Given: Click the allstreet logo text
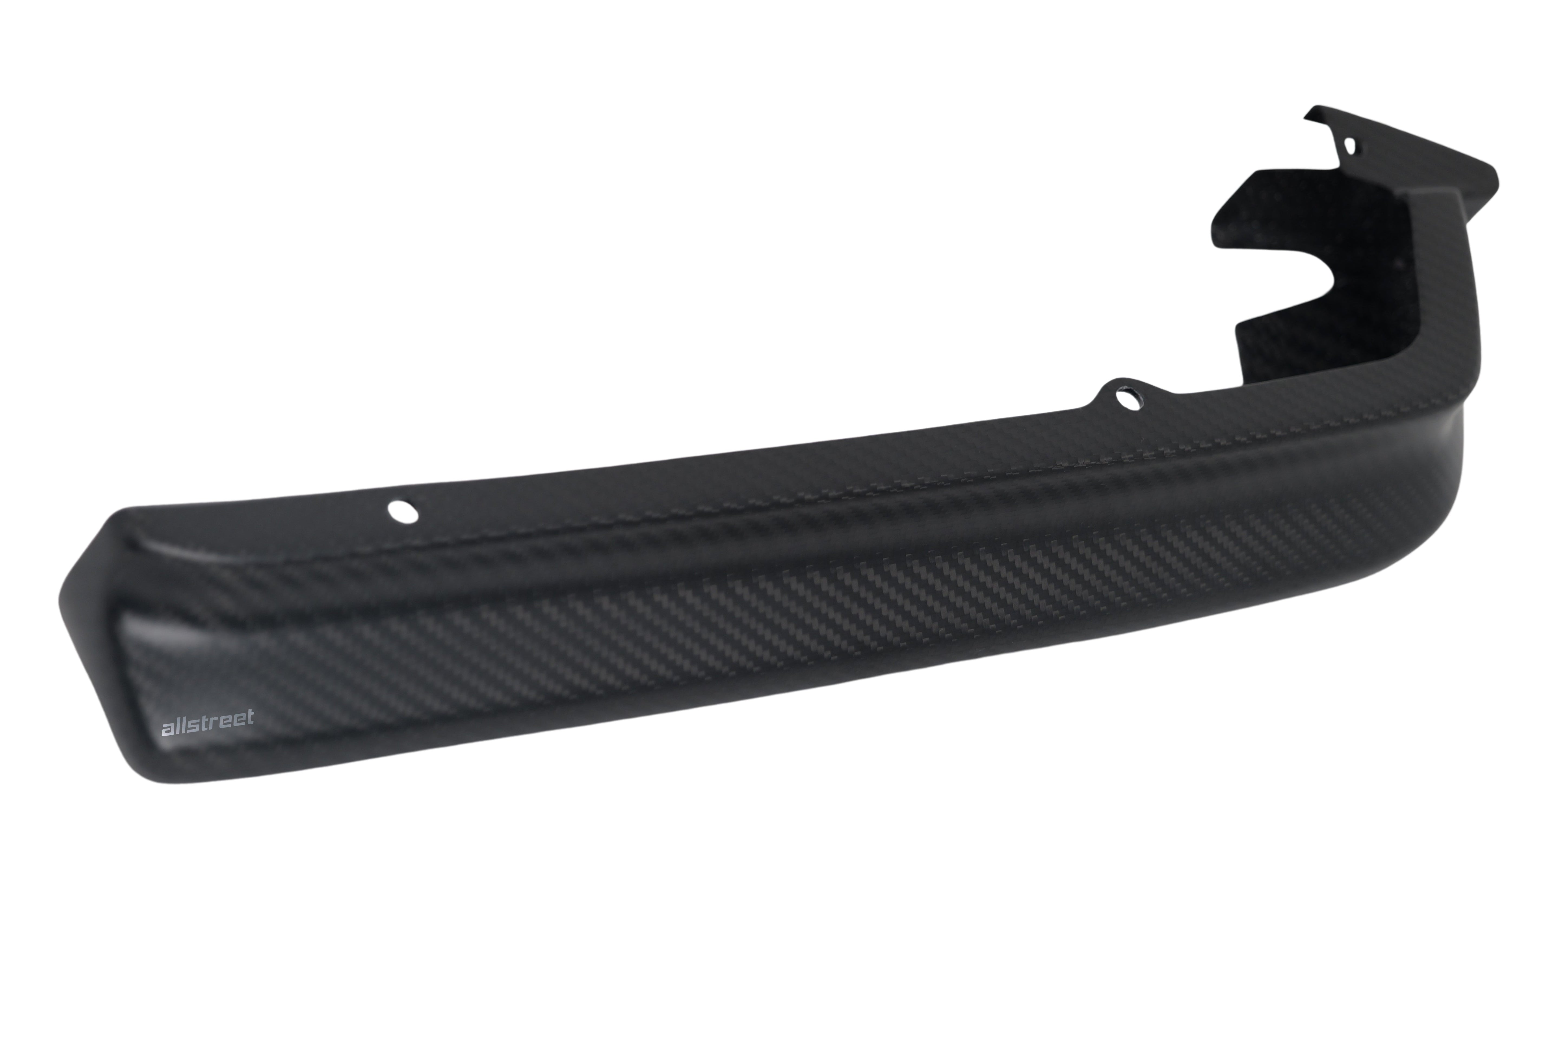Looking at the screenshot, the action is tap(208, 724).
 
